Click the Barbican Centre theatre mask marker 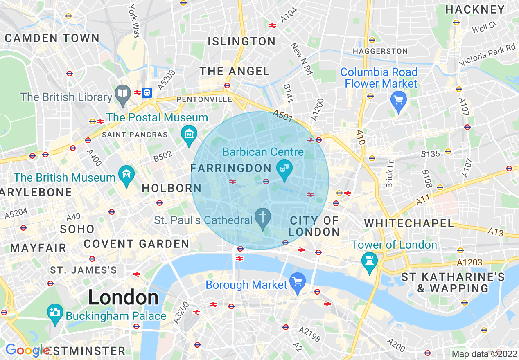(x=284, y=167)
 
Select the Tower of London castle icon (x=369, y=260)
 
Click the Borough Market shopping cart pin (x=298, y=281)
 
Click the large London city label (x=123, y=298)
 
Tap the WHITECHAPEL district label (x=409, y=223)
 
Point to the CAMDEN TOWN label (x=52, y=38)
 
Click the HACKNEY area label (x=475, y=9)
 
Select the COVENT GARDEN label (x=136, y=244)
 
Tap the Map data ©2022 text (x=484, y=354)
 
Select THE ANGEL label (x=235, y=71)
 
